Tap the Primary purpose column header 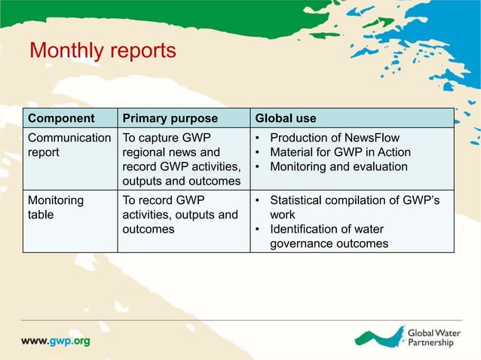(x=170, y=118)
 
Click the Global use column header (x=286, y=118)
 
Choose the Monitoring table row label (x=56, y=208)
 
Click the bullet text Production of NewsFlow (x=334, y=138)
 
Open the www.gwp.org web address (x=55, y=340)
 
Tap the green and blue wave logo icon (x=378, y=337)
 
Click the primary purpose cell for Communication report (x=181, y=159)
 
